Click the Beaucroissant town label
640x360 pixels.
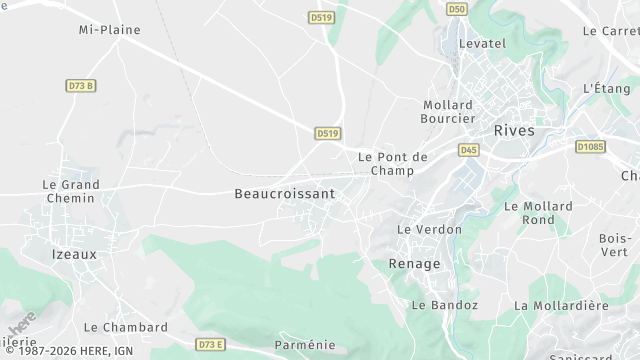coord(284,193)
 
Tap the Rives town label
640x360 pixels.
coord(514,130)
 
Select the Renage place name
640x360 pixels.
coord(414,264)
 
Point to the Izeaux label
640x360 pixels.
coord(74,254)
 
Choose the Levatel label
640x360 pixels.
coord(482,44)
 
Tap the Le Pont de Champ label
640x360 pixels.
coord(393,164)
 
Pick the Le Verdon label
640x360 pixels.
coord(430,229)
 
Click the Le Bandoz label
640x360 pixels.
coord(445,305)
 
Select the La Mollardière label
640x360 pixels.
coord(561,305)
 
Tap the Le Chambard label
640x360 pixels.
coord(126,327)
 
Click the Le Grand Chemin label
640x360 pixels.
coord(70,191)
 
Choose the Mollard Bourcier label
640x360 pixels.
coord(447,111)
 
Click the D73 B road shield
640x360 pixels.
coord(81,86)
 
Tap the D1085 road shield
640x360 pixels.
coord(590,146)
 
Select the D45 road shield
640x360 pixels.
coord(468,150)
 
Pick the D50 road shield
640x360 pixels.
coord(457,9)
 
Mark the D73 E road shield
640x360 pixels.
coord(210,344)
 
